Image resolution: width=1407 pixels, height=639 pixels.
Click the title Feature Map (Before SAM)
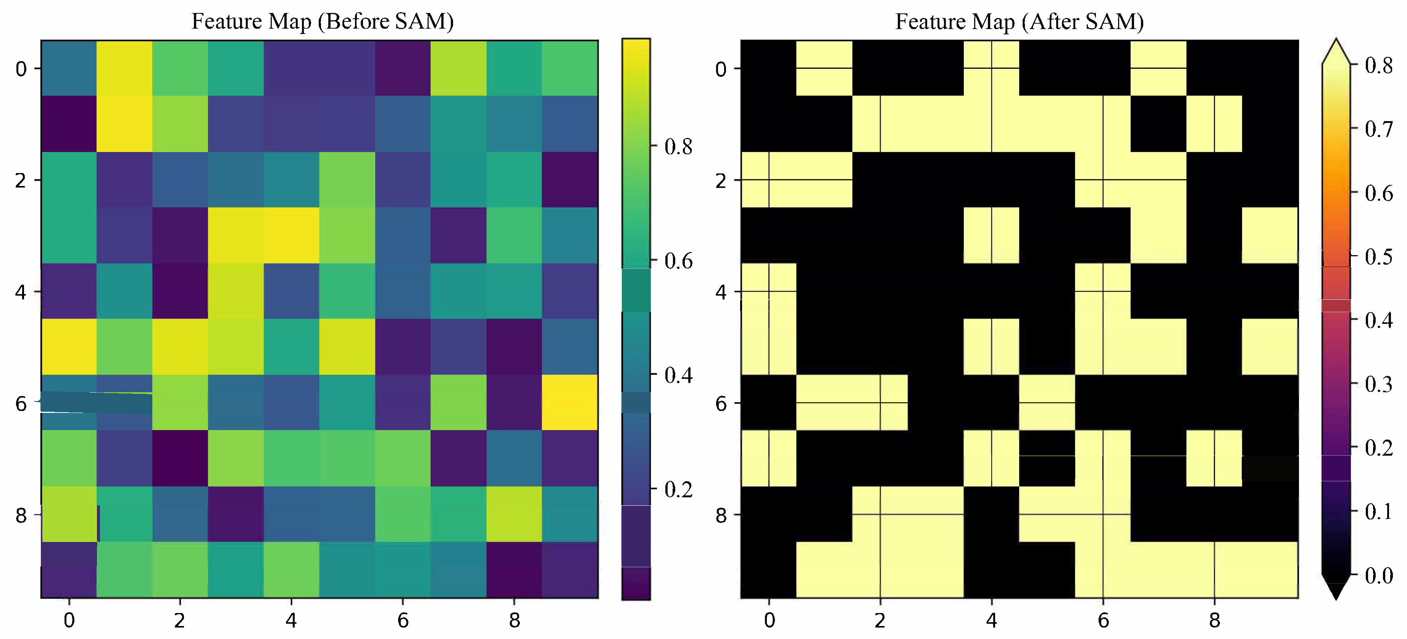tap(322, 21)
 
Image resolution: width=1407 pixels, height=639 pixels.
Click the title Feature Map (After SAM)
tap(1019, 21)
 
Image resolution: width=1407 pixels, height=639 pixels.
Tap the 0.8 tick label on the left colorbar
tap(678, 147)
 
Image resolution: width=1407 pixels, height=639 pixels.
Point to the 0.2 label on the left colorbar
tap(678, 489)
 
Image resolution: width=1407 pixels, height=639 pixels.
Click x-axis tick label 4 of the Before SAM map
tap(291, 620)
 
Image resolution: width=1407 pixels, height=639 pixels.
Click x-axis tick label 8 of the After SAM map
tap(1214, 620)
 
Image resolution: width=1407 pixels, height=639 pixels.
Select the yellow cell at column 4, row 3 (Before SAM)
tap(291, 235)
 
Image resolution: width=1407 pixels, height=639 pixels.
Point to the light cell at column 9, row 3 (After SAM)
tap(1270, 235)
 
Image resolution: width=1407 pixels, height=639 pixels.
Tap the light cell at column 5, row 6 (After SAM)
tap(1047, 402)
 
